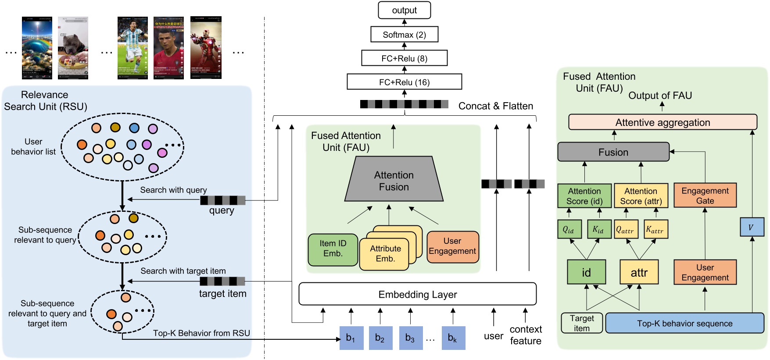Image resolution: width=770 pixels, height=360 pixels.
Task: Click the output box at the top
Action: point(404,10)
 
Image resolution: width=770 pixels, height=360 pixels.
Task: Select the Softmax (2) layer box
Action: point(404,35)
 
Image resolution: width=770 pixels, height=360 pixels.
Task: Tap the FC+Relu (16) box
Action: point(404,82)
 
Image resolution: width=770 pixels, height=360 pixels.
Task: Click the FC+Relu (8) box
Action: point(404,58)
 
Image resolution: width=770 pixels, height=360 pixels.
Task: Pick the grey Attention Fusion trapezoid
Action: point(394,181)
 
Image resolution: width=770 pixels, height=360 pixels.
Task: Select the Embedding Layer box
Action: point(417,294)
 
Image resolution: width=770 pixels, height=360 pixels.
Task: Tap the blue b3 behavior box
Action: point(411,338)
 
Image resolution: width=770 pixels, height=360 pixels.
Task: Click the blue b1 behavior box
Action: point(351,338)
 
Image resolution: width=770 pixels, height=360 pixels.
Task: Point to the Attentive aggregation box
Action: point(663,122)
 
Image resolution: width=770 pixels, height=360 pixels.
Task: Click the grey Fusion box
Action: point(613,152)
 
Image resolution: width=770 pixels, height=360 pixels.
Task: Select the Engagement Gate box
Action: point(705,196)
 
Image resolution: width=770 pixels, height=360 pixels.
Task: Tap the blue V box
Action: point(751,227)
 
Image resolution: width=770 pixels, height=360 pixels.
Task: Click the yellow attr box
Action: point(639,272)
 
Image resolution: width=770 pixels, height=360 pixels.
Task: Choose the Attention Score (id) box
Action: point(584,196)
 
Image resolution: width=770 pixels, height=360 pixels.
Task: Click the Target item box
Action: point(581,323)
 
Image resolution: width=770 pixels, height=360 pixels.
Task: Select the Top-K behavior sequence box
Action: point(684,323)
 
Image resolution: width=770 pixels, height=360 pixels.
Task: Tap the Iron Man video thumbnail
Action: point(206,48)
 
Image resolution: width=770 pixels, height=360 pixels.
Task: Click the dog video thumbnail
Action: point(73,48)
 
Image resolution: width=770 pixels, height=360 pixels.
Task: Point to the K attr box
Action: point(655,229)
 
